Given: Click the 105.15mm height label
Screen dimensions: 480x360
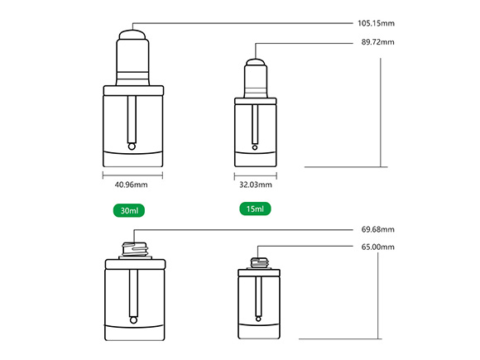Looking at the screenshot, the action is (x=376, y=23).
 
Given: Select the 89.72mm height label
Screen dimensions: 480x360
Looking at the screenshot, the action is (x=377, y=42).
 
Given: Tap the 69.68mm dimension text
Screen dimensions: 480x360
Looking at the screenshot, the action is (x=377, y=229).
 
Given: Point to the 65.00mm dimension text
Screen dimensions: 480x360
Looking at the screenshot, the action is (x=377, y=247).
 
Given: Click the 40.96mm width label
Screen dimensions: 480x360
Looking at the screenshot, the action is (x=131, y=185).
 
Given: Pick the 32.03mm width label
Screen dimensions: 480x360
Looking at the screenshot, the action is (x=256, y=185).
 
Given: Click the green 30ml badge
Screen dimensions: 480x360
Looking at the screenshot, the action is (x=129, y=210).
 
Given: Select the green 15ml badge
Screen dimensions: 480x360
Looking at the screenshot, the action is (x=255, y=209).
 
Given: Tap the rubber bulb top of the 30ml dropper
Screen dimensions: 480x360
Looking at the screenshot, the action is (x=132, y=34).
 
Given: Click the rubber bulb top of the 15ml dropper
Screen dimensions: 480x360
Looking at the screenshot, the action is (x=256, y=62).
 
